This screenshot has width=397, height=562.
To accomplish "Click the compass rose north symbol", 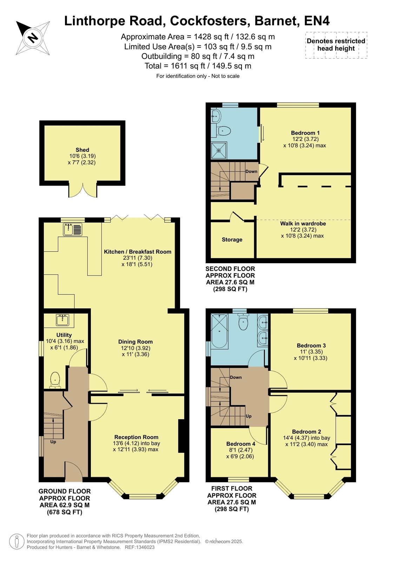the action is (33, 38).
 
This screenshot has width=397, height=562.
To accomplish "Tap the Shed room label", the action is (82, 150).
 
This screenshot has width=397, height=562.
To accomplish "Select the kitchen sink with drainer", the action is (72, 229).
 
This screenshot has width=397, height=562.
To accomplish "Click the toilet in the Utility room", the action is (55, 380).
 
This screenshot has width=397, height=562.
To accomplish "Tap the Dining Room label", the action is (135, 342).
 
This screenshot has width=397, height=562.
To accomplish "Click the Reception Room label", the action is (136, 437).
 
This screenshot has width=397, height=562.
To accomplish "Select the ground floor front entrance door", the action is (74, 471).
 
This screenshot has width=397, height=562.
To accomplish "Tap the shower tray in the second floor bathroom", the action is (219, 150).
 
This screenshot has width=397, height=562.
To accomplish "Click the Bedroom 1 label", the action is (305, 133).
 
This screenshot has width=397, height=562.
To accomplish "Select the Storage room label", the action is (232, 240).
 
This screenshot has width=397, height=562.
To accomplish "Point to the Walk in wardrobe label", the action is (303, 224).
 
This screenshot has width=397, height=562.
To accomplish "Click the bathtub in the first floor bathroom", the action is (219, 331).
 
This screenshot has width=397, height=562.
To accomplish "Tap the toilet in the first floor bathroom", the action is (243, 321).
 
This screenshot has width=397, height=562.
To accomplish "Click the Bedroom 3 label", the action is (311, 345).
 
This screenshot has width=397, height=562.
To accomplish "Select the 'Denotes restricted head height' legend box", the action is (336, 45).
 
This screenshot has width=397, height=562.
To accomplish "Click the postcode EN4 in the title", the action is (317, 21).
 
